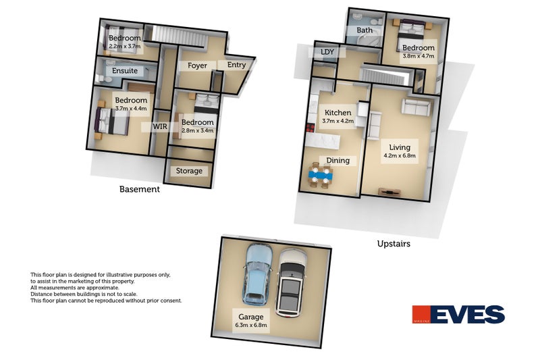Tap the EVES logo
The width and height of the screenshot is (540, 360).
click(x=458, y=315)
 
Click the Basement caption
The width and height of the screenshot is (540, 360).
click(x=139, y=189)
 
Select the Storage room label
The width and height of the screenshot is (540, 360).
click(x=189, y=171)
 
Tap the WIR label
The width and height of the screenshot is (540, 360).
click(x=161, y=126)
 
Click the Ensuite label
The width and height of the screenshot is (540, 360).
click(x=125, y=70)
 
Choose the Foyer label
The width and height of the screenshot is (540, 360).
click(x=197, y=66)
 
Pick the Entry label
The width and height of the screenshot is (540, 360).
click(x=236, y=65)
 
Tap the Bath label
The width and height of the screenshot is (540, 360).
click(x=364, y=30)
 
